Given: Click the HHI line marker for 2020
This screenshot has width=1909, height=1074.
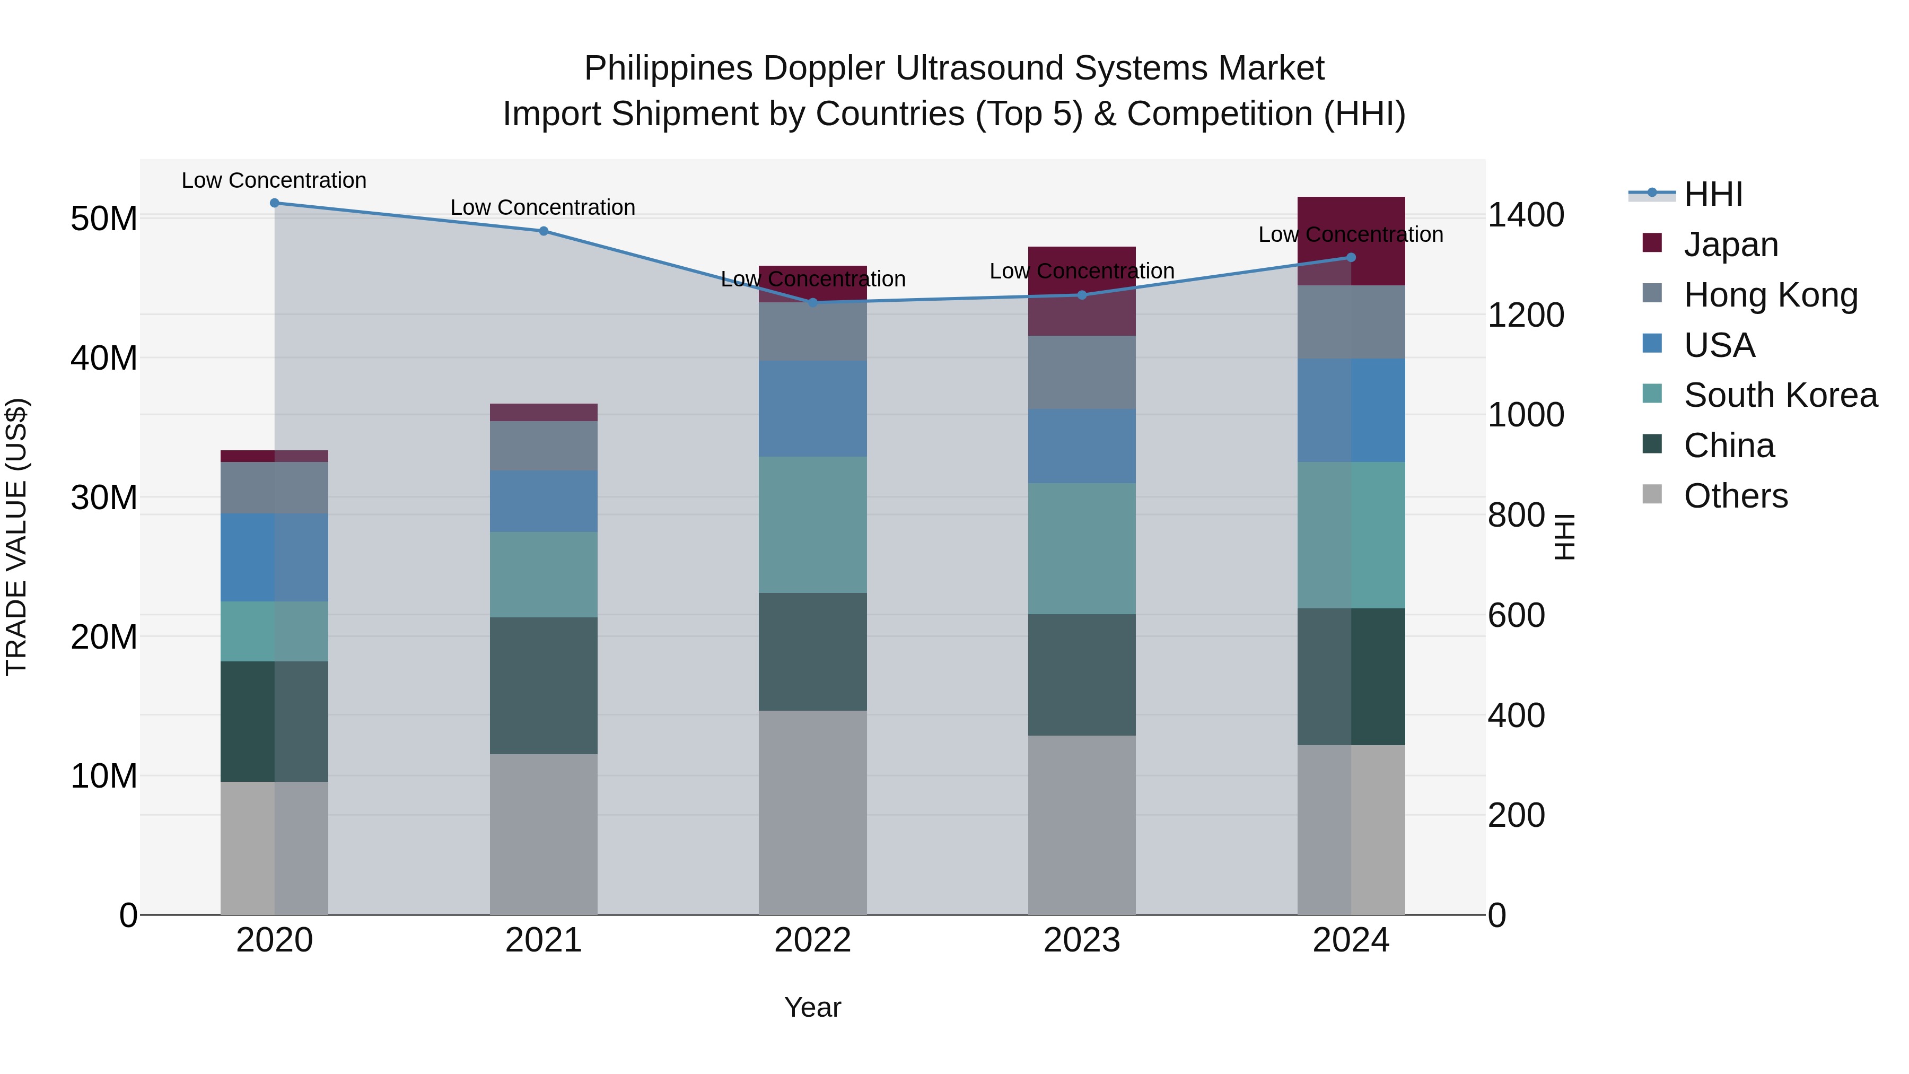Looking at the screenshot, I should pyautogui.click(x=274, y=203).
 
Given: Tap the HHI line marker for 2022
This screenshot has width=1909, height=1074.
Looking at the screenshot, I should pyautogui.click(x=812, y=302).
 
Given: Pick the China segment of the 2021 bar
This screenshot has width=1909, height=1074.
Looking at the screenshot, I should pyautogui.click(x=543, y=686).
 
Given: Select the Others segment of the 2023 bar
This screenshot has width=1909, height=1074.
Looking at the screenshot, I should pyautogui.click(x=1081, y=824).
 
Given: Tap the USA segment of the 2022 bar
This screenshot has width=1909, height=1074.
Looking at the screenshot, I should pyautogui.click(x=812, y=408).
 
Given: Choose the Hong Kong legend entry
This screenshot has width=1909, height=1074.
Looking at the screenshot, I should pyautogui.click(x=1770, y=295).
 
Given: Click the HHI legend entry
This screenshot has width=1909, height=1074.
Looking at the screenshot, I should pyautogui.click(x=1712, y=194).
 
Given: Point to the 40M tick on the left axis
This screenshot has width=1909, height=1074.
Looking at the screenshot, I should pyautogui.click(x=104, y=358).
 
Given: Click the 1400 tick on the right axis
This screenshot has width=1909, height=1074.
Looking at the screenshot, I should pyautogui.click(x=1526, y=216).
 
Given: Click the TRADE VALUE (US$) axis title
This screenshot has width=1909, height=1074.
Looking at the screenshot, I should pyautogui.click(x=16, y=537).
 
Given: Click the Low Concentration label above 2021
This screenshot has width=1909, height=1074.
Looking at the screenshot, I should pyautogui.click(x=542, y=207).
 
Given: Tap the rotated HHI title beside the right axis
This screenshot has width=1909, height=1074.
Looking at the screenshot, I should pyautogui.click(x=1564, y=537).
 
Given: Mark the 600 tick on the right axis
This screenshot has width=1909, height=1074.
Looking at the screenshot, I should pyautogui.click(x=1516, y=616).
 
